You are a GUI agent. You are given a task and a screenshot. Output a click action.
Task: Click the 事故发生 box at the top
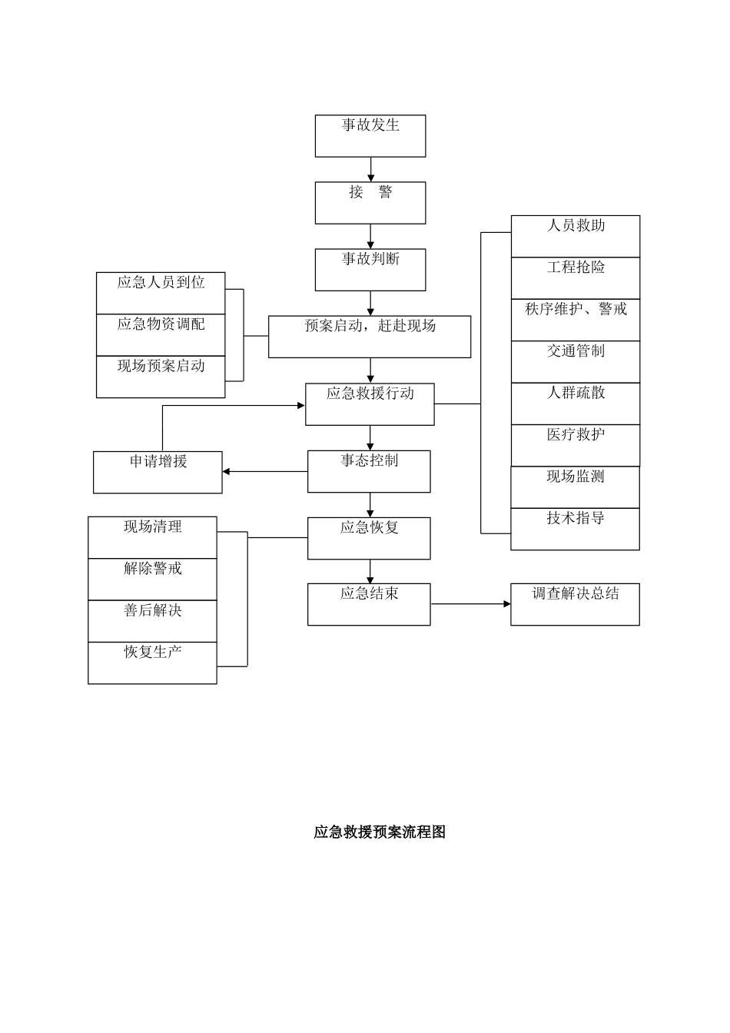click(x=370, y=136)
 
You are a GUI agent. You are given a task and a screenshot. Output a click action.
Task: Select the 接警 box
click(x=370, y=203)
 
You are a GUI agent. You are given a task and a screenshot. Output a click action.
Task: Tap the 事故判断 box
click(x=370, y=270)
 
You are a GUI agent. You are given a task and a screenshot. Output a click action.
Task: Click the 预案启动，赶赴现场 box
click(x=370, y=337)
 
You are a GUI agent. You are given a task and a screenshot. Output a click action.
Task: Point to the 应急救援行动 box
click(x=370, y=404)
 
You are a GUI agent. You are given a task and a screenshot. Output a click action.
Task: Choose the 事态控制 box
click(x=369, y=471)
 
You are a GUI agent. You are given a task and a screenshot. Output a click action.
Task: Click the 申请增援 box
click(x=158, y=472)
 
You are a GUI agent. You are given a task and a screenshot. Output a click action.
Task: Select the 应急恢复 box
click(x=369, y=538)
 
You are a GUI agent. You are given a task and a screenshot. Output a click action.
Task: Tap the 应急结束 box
click(x=369, y=604)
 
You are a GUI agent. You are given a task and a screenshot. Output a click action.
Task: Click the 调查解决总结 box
click(x=575, y=604)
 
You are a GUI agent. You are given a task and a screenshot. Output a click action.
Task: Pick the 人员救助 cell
click(x=576, y=236)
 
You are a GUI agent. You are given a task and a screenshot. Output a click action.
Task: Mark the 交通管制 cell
click(x=576, y=361)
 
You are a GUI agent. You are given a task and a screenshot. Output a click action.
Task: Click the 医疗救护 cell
click(x=576, y=445)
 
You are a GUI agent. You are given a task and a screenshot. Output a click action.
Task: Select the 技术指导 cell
click(x=576, y=529)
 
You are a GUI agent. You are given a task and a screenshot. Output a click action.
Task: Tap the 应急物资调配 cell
click(x=161, y=334)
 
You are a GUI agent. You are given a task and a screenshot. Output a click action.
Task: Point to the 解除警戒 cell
click(x=152, y=579)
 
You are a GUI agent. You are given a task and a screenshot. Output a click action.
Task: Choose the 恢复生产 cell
click(x=152, y=663)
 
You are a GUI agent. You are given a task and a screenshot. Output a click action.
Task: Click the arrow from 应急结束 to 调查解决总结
click(x=470, y=604)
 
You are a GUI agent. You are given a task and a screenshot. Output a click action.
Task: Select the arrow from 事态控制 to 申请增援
click(x=265, y=471)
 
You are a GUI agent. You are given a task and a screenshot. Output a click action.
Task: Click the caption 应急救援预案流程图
click(x=380, y=832)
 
